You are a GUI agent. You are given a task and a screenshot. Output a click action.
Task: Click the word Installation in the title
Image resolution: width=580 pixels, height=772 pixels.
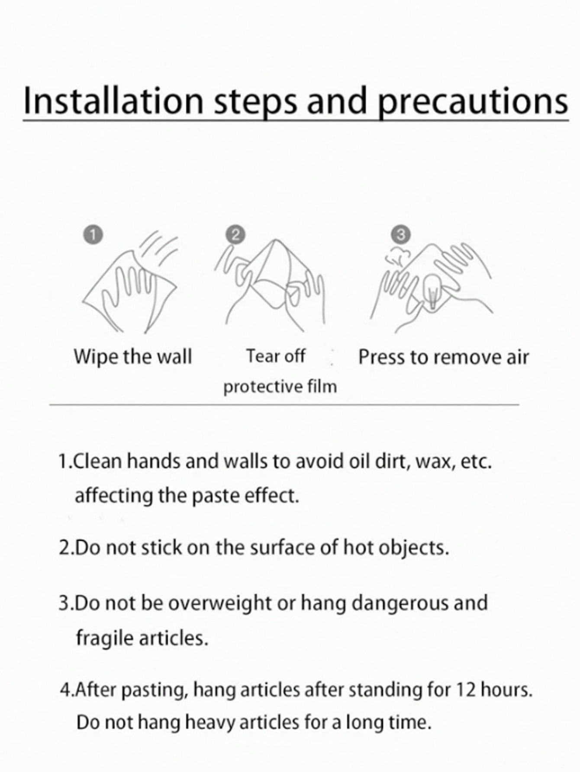coord(113,100)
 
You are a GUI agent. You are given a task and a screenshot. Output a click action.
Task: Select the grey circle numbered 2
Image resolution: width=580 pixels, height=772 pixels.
coord(235,235)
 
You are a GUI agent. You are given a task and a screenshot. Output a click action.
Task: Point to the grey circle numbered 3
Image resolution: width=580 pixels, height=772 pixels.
coord(401,234)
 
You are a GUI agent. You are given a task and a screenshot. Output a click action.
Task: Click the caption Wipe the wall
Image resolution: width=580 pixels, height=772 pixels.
coord(132,357)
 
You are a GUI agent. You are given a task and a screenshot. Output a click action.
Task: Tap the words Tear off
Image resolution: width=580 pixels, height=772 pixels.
coord(276,356)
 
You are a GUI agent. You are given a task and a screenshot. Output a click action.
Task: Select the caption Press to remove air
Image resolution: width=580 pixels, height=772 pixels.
coord(444,358)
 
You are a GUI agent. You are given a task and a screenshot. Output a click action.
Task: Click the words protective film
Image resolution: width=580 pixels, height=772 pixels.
coord(280,386)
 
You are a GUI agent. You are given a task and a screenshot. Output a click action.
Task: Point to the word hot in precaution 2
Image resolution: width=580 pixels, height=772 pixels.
coord(359,547)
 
